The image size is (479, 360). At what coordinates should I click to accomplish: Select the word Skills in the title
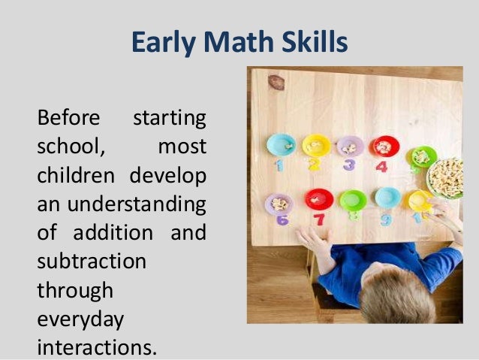[x=310, y=43]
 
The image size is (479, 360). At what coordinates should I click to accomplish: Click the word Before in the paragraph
[x=68, y=119]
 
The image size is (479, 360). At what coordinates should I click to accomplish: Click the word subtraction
[x=91, y=262]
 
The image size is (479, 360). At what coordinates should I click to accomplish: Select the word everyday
[x=80, y=319]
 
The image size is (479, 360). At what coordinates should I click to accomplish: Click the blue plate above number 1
[x=282, y=144]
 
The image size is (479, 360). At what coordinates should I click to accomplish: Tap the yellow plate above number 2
[x=316, y=145]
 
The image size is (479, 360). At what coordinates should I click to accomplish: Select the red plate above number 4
[x=384, y=146]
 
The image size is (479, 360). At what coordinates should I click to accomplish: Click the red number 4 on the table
[x=381, y=166]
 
